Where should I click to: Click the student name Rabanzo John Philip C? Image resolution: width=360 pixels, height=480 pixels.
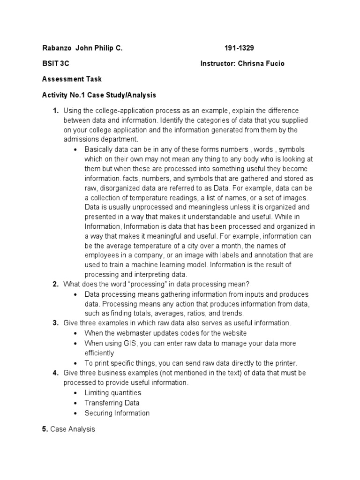[x=82, y=48]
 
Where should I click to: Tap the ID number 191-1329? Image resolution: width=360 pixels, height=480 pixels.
[x=239, y=48]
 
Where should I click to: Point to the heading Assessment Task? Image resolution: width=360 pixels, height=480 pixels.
[x=72, y=79]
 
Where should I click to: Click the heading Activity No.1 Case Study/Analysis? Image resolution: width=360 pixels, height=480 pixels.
[x=99, y=95]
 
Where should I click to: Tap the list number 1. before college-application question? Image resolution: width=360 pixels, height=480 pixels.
[x=55, y=111]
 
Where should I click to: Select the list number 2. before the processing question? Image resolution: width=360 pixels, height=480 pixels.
[x=55, y=284]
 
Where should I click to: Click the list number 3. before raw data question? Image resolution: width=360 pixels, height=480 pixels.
[x=55, y=323]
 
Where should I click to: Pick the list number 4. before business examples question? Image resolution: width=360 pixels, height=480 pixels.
[x=55, y=373]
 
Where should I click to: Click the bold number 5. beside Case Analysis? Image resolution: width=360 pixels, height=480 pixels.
[x=45, y=429]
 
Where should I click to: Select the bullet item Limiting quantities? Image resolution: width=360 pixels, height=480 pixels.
[x=112, y=393]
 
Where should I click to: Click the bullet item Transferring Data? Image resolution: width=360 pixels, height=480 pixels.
[x=112, y=403]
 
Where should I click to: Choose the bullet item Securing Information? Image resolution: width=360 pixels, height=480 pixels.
[x=117, y=413]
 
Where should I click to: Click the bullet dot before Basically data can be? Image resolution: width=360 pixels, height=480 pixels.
[x=76, y=150]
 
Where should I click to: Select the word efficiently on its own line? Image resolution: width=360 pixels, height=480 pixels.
[x=99, y=353]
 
